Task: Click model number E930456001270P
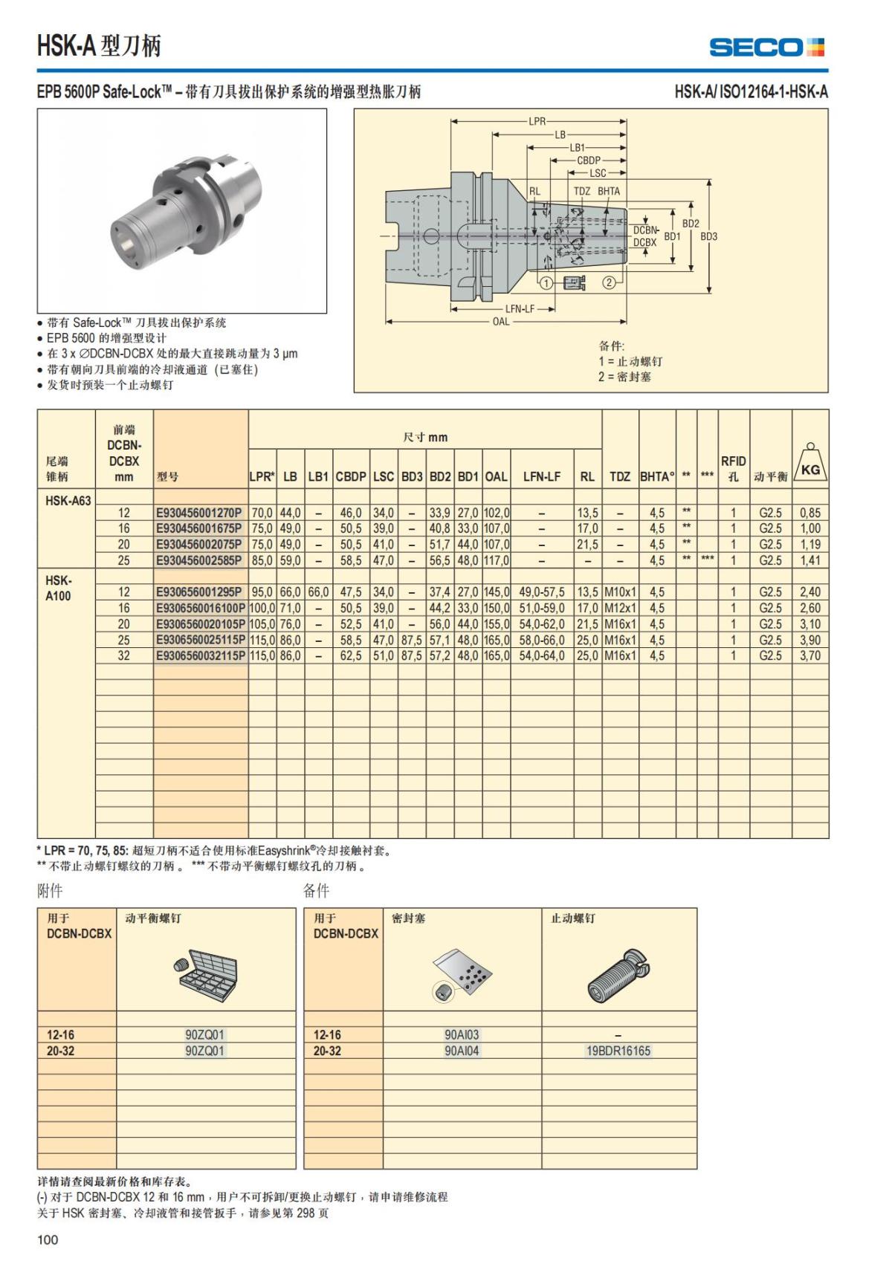coord(199,513)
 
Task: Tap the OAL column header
coord(496,476)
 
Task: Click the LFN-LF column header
coord(541,476)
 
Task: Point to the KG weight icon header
coord(810,463)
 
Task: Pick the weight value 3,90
coord(810,641)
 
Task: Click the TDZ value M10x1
coord(620,592)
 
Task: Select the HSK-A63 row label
coord(68,500)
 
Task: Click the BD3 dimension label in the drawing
coord(708,236)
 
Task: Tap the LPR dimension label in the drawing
coord(537,121)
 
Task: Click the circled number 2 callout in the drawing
coord(609,282)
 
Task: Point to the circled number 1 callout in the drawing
coord(546,282)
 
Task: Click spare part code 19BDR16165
coord(618,1051)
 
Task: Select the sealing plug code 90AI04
coord(462,1051)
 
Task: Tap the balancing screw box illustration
coord(207,973)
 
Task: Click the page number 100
coord(48,1239)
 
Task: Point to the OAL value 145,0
coord(496,592)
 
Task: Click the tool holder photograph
coord(182,210)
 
